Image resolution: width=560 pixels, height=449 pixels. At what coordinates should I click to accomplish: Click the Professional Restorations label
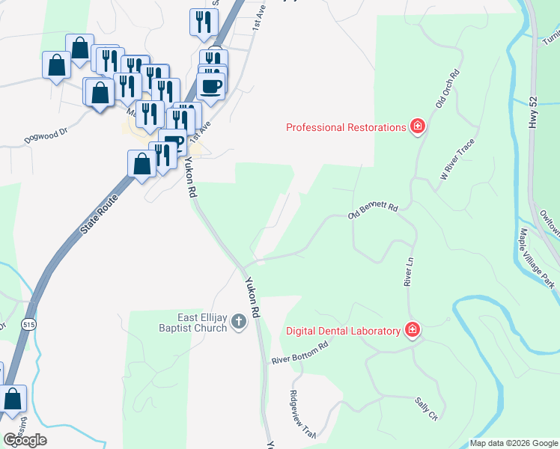pyautogui.click(x=345, y=127)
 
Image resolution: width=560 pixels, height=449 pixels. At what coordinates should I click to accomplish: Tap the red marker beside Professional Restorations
pyautogui.click(x=418, y=126)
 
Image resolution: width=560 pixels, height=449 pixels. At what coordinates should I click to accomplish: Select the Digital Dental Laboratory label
pyautogui.click(x=343, y=331)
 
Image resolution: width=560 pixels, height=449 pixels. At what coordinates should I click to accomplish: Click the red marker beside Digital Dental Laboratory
pyautogui.click(x=412, y=330)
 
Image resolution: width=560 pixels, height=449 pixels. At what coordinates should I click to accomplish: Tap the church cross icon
pyautogui.click(x=239, y=323)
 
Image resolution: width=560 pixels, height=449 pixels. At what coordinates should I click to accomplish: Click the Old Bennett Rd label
pyautogui.click(x=372, y=211)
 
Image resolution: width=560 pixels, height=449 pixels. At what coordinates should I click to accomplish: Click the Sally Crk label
pyautogui.click(x=426, y=409)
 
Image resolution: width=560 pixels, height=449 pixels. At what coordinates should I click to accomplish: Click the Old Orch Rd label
pyautogui.click(x=446, y=88)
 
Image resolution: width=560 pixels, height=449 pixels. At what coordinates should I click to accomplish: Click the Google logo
pyautogui.click(x=25, y=440)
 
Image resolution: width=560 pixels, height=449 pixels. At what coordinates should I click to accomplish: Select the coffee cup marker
pyautogui.click(x=211, y=86)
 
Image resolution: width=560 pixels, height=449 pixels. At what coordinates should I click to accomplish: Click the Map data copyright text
pyautogui.click(x=513, y=443)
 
